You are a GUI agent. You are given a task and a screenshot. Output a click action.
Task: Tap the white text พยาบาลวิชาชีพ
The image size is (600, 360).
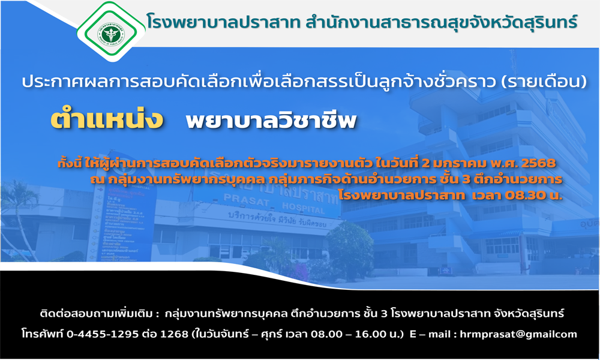tap(271, 120)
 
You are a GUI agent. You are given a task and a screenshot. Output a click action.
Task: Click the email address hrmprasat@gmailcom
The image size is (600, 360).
tap(518, 334)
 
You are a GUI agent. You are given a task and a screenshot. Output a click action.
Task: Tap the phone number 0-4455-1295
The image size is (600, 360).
tap(103, 334)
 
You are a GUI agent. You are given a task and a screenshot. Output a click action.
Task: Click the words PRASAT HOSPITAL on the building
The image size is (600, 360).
tap(274, 204)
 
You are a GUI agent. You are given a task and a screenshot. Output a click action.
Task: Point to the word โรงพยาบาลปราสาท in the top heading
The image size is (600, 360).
tap(223, 22)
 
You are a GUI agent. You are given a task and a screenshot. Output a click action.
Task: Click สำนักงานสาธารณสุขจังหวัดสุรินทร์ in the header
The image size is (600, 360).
tap(442, 22)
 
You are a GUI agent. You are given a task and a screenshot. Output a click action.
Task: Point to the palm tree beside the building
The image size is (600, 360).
tap(21, 214)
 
